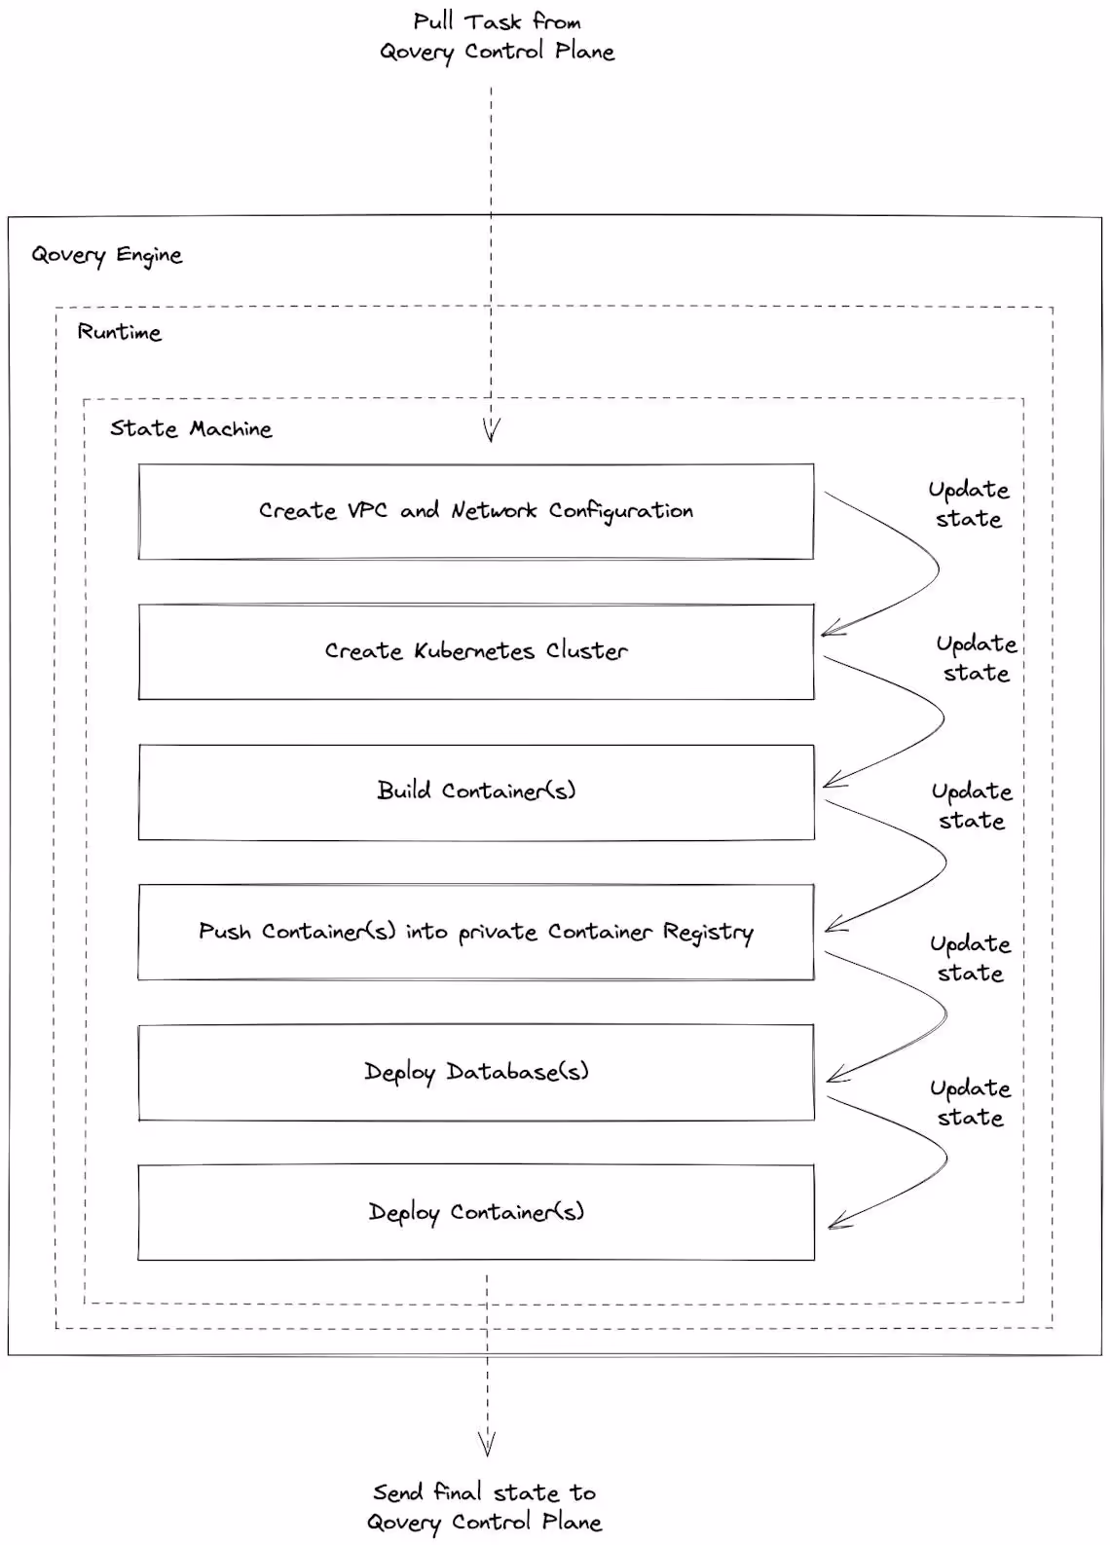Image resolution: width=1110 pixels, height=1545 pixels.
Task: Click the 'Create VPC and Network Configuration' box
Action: (475, 512)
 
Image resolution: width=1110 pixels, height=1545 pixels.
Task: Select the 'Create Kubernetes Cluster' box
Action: (475, 651)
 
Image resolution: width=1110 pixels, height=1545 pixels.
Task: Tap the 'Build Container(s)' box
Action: (475, 791)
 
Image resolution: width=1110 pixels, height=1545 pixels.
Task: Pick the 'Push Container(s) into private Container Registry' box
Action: (475, 932)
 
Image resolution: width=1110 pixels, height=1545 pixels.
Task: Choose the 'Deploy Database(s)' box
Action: (475, 1072)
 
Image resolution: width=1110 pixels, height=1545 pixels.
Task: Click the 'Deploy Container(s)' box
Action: (475, 1212)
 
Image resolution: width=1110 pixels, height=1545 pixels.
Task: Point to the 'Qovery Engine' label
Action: (106, 255)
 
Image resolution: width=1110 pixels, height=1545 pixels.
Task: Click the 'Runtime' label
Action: (119, 332)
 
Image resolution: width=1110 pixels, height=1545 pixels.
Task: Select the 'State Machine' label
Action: (191, 428)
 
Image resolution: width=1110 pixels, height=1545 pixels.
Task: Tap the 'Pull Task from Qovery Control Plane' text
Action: (497, 37)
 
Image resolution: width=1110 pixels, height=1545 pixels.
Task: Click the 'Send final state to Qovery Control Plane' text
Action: (484, 1507)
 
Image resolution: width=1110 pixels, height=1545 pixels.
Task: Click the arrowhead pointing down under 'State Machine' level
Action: (491, 431)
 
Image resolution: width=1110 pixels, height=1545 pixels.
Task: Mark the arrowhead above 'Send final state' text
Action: (487, 1444)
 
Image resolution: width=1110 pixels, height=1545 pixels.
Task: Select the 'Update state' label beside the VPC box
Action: (968, 504)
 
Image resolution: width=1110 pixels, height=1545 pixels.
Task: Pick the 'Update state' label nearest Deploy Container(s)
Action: (970, 1103)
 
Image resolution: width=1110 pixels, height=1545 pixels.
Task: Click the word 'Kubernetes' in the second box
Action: (473, 651)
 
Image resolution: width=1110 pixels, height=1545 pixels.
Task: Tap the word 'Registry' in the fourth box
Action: (708, 933)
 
